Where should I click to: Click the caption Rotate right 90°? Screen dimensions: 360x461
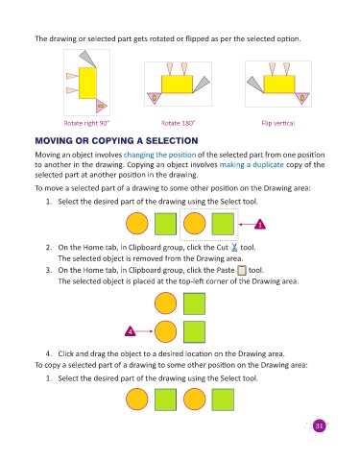[86, 123]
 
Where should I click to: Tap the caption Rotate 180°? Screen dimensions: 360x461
[178, 123]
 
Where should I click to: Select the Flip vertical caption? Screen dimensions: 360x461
[278, 123]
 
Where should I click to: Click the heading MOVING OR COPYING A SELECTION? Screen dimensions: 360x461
[116, 141]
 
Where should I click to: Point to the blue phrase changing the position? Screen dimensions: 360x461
[159, 155]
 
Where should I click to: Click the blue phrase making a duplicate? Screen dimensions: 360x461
[252, 165]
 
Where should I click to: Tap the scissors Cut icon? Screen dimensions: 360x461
[234, 247]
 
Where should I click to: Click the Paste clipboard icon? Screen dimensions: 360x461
[242, 271]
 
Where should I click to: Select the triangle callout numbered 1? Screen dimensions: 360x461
[260, 225]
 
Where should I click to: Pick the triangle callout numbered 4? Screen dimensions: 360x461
[130, 331]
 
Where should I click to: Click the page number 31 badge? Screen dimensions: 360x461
[319, 425]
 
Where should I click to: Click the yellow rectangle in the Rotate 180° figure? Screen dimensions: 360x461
[177, 85]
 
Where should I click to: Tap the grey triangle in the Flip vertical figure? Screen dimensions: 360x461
[255, 84]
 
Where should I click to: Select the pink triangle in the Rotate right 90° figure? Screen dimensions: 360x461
[101, 106]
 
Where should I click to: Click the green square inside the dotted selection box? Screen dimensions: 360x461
[223, 224]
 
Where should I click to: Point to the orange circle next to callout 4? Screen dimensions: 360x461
[165, 331]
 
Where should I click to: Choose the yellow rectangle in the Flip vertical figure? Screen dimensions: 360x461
[279, 85]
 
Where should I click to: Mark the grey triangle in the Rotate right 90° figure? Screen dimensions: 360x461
[87, 58]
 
